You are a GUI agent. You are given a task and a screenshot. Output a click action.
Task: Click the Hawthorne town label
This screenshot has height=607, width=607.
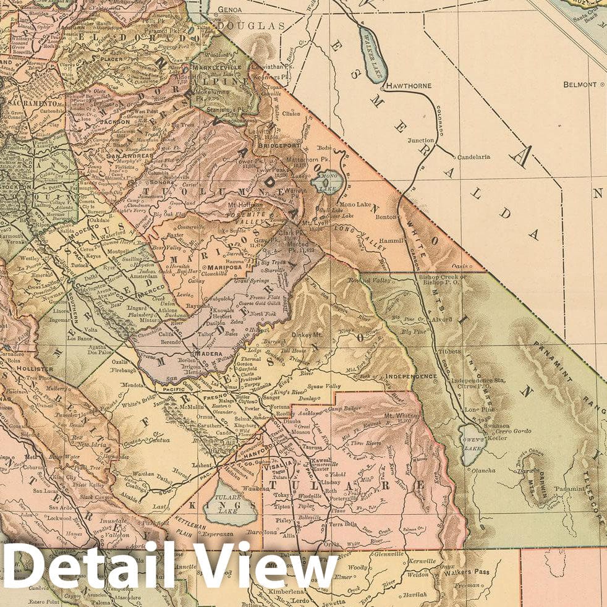pyautogui.click(x=408, y=85)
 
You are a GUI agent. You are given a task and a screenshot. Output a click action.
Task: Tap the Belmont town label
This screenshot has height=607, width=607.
pyautogui.click(x=580, y=84)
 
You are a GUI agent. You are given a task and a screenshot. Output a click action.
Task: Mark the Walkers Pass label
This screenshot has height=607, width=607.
pyautogui.click(x=466, y=572)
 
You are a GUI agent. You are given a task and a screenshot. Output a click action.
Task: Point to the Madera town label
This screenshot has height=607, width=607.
pyautogui.click(x=208, y=353)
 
